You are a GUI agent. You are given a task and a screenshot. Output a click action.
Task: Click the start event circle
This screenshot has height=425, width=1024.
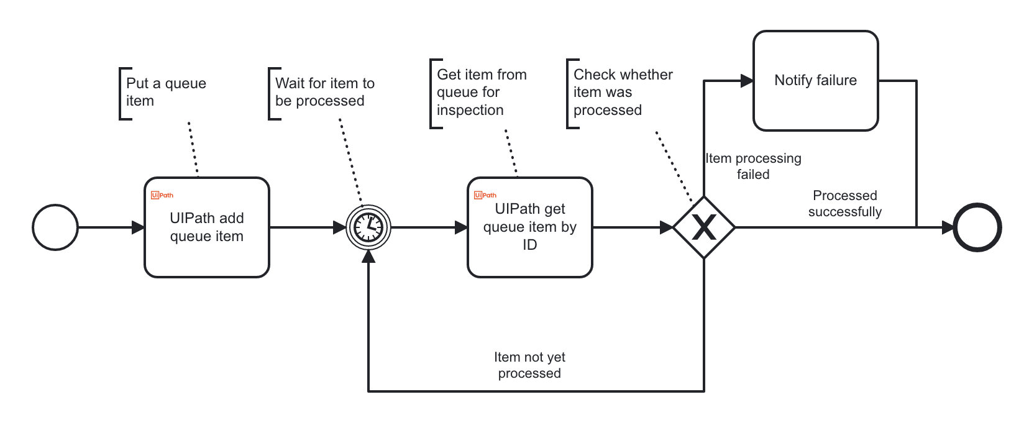pos(55,227)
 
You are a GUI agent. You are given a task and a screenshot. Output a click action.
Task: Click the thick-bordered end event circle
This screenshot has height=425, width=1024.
pos(977,227)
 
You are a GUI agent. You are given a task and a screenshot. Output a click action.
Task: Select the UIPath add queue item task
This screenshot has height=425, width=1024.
pos(207,227)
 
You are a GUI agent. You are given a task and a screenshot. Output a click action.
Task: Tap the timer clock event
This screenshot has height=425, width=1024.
pos(368,227)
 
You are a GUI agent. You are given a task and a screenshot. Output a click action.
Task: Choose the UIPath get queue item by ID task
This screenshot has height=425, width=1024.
pos(529,227)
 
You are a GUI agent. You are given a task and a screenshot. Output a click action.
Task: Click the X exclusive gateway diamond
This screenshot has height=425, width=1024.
pos(704,227)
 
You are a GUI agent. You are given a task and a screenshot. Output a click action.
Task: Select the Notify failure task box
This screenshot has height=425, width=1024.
pos(815,81)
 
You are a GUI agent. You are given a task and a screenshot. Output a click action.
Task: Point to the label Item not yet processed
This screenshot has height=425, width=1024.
pos(529,365)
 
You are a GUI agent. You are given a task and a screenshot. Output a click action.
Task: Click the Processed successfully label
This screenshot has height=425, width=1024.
pos(844,204)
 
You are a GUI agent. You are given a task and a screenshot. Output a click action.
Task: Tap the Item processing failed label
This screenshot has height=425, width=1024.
pos(753,167)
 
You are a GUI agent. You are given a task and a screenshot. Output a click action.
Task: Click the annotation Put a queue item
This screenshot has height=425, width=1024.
pos(165,92)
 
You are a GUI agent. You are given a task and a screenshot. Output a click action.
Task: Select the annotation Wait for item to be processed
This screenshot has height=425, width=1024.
pos(324,92)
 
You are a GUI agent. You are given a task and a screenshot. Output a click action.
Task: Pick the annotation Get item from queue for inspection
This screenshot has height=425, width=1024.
pos(481,93)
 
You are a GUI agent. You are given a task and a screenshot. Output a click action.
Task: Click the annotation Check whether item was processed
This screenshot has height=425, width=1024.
pos(622,93)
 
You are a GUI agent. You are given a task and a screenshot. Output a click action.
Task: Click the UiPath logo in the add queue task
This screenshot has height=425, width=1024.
pos(162,195)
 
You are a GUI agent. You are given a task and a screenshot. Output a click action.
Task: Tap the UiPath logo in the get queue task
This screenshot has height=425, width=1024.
pos(485,195)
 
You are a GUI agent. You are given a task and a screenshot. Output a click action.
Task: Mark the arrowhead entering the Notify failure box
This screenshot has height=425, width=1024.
pos(747,81)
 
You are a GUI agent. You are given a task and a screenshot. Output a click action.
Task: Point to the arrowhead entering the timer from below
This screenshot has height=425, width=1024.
pos(368,256)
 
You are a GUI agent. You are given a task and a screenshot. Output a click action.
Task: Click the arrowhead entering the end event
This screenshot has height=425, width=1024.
pos(948,227)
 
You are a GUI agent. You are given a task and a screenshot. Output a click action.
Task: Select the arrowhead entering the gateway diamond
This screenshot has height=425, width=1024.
pos(667,227)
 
